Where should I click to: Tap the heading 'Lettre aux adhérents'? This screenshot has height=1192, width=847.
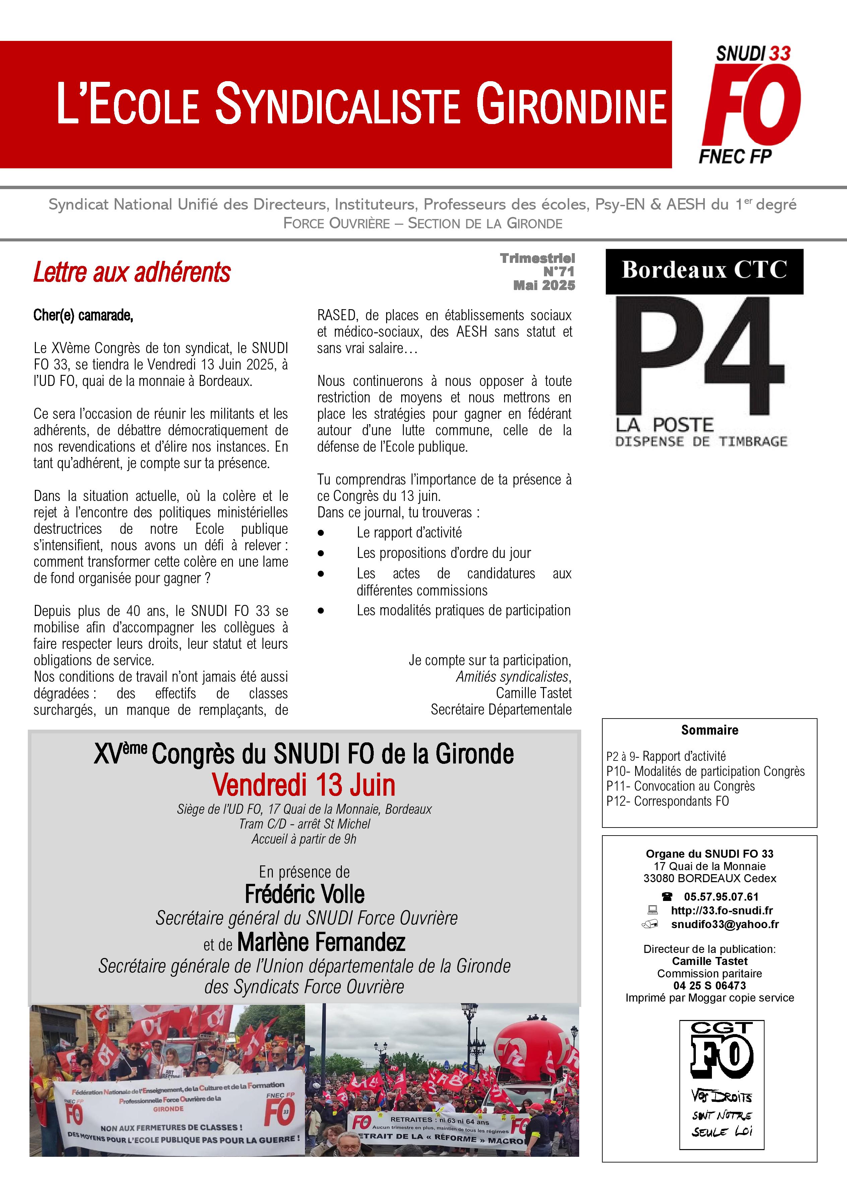tap(132, 272)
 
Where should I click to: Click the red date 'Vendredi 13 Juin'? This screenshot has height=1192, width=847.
tap(304, 785)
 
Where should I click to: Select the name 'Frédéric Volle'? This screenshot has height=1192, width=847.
tap(305, 894)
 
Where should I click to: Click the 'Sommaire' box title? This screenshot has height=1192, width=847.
tap(709, 730)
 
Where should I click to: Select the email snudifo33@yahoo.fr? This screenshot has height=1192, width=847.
tap(725, 924)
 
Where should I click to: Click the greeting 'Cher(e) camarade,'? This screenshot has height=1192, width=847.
tap(83, 316)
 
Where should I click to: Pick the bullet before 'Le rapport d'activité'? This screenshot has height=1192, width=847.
tap(321, 533)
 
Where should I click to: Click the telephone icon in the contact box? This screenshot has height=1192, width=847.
tap(667, 897)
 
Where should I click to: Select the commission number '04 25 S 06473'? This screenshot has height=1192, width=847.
tap(709, 985)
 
